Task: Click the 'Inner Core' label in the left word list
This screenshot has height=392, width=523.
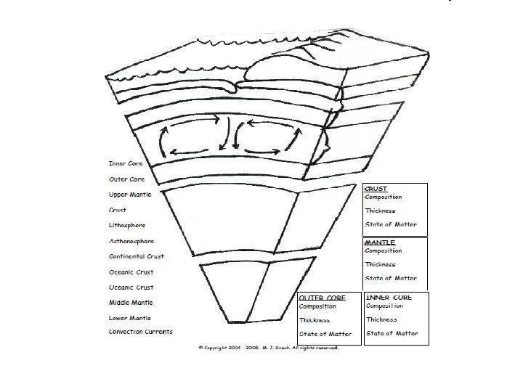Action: pyautogui.click(x=126, y=163)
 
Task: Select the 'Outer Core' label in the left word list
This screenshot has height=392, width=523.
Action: pyautogui.click(x=126, y=179)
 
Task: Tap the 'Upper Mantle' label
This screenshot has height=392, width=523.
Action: pyautogui.click(x=130, y=195)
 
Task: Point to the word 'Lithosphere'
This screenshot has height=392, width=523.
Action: pyautogui.click(x=127, y=225)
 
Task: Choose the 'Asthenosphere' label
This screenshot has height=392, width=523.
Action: pyautogui.click(x=131, y=241)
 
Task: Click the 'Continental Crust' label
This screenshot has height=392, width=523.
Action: pyautogui.click(x=137, y=256)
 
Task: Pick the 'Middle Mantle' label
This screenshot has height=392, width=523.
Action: pyautogui.click(x=131, y=302)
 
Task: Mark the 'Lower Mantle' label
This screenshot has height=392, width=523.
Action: pyautogui.click(x=130, y=317)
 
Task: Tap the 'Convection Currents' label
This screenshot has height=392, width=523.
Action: pyautogui.click(x=141, y=332)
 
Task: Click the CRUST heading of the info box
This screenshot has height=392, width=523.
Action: pyautogui.click(x=376, y=189)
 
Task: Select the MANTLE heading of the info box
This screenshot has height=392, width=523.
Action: pyautogui.click(x=380, y=242)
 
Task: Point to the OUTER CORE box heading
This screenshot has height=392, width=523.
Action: pyautogui.click(x=323, y=298)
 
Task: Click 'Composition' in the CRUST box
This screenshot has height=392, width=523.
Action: pyautogui.click(x=384, y=197)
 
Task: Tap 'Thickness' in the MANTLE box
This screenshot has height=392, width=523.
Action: pyautogui.click(x=381, y=264)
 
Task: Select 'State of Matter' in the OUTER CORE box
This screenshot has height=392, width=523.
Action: pyautogui.click(x=325, y=334)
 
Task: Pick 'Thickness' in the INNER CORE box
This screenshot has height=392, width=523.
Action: pyautogui.click(x=381, y=319)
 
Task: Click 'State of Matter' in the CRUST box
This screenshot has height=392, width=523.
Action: pyautogui.click(x=391, y=224)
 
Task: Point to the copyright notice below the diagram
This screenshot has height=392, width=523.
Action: pyautogui.click(x=269, y=347)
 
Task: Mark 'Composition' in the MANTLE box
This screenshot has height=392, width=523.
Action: pyautogui.click(x=384, y=251)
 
